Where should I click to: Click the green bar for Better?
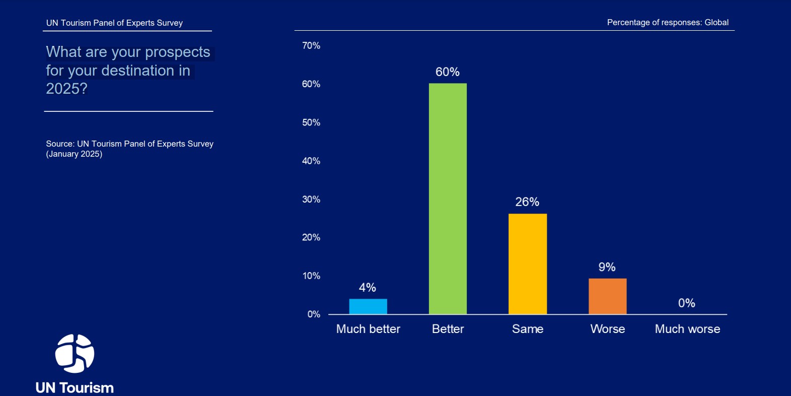[448, 199]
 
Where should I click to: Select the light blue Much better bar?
[368, 306]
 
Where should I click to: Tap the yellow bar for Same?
[527, 263]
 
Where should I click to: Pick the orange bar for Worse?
[607, 296]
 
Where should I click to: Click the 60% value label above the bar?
[447, 72]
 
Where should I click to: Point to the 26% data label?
[527, 202]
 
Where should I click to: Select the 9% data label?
[607, 267]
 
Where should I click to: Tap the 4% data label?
[368, 288]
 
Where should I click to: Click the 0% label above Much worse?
[686, 303]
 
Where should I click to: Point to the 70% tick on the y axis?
[311, 46]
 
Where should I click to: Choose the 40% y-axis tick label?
[311, 161]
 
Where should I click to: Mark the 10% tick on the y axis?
[311, 276]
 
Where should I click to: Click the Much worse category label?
[687, 329]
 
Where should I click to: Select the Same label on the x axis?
[528, 329]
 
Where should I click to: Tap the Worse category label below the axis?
[608, 329]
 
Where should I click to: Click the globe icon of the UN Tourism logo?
[75, 354]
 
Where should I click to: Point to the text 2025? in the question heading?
[66, 89]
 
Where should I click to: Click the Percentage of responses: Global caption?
[668, 23]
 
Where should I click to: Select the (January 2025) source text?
[74, 154]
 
